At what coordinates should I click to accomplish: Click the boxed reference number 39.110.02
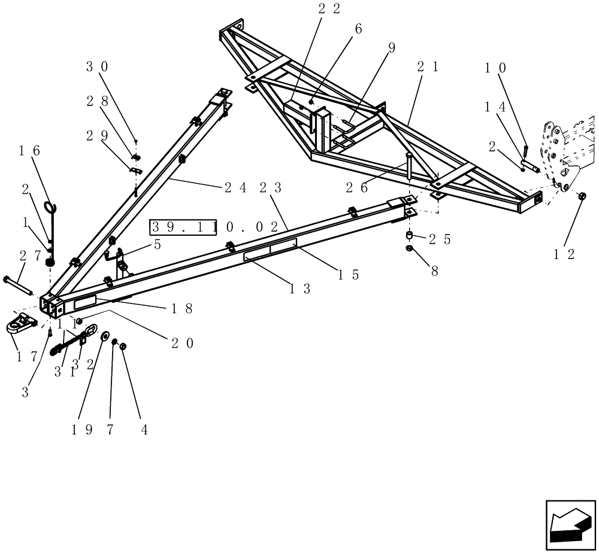click(x=215, y=227)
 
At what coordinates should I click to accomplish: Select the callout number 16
click(x=32, y=151)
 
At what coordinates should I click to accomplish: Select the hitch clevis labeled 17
click(x=20, y=324)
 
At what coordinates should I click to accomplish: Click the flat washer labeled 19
click(x=105, y=337)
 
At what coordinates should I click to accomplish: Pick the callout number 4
click(x=139, y=430)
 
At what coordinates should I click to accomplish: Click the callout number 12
click(x=564, y=254)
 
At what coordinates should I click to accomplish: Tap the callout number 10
click(x=496, y=68)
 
